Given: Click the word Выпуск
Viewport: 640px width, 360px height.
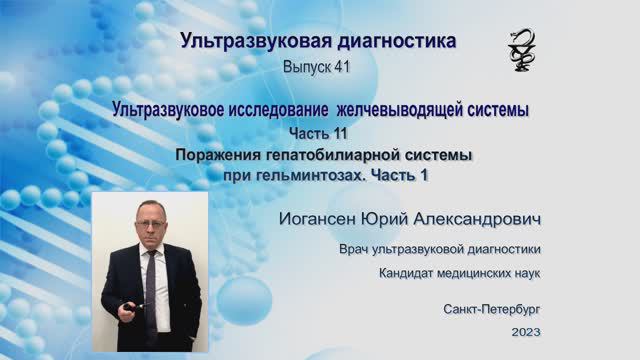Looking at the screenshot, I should click(x=305, y=66).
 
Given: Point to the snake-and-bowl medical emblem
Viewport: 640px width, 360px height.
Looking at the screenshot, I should click(x=521, y=47).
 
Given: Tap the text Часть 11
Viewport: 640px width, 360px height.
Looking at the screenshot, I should click(x=322, y=134).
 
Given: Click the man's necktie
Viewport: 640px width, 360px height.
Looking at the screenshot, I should click(x=151, y=285).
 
